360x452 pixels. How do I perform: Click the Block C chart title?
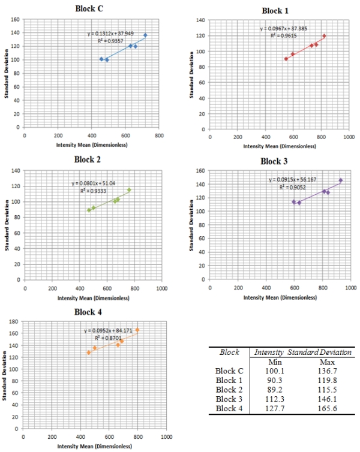(x=89, y=8)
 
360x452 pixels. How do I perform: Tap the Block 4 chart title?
(x=89, y=312)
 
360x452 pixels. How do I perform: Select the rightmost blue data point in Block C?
(x=145, y=35)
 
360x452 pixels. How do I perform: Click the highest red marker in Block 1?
(x=324, y=36)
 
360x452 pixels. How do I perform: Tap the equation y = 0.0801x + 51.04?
(x=94, y=183)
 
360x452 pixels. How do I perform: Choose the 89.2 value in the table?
(x=274, y=389)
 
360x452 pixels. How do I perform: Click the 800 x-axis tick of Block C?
(x=159, y=136)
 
